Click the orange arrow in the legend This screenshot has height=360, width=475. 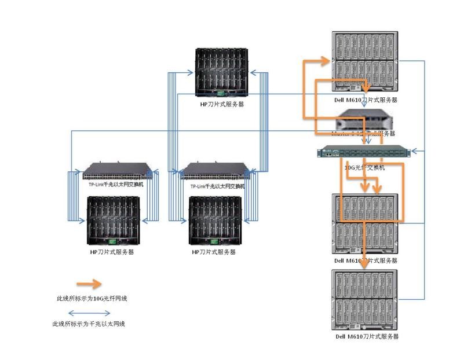pyautogui.click(x=87, y=284)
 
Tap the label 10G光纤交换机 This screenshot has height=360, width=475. pyautogui.click(x=364, y=167)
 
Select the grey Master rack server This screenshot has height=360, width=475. pyautogui.click(x=364, y=120)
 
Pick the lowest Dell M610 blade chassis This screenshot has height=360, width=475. pyautogui.click(x=364, y=300)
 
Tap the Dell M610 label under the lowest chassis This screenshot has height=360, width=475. pyautogui.click(x=367, y=336)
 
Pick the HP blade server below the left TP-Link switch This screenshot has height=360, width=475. pyautogui.click(x=113, y=220)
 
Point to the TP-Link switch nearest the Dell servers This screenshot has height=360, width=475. pyautogui.click(x=214, y=171)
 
